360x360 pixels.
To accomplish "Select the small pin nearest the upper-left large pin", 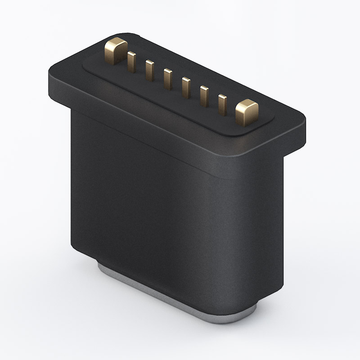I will click(131, 62).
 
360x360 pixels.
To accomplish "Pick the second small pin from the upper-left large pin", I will click(149, 70).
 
